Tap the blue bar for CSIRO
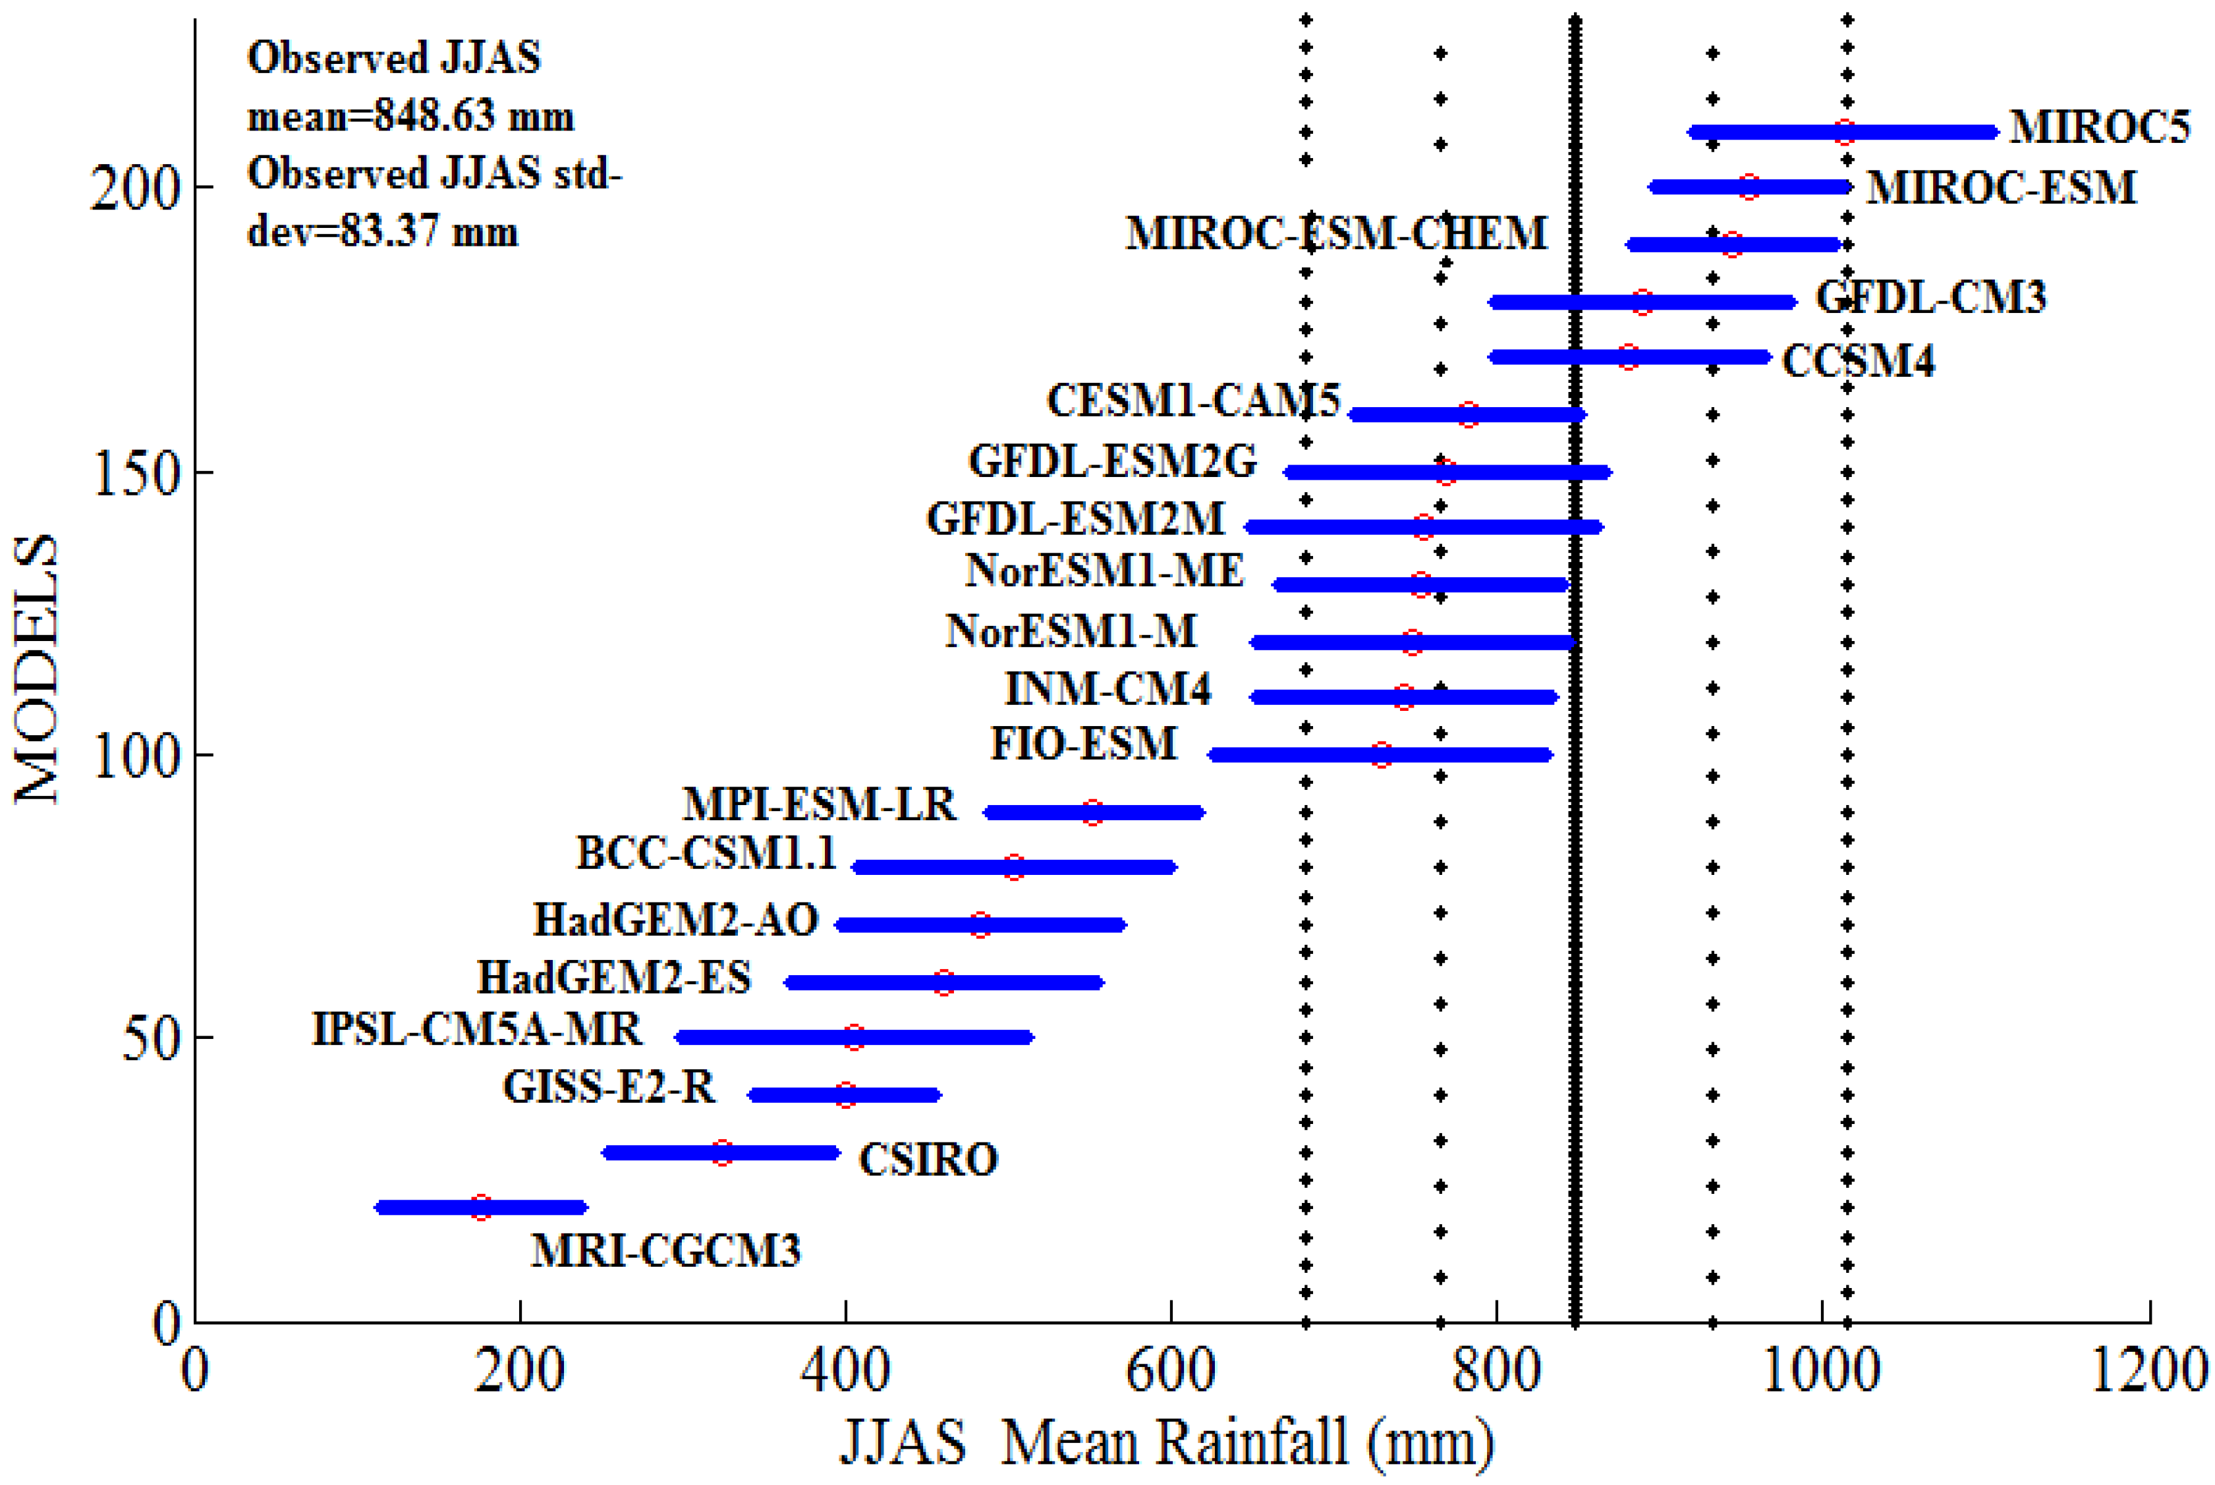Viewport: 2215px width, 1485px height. click(663, 1152)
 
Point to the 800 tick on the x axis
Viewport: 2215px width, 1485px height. click(1496, 1370)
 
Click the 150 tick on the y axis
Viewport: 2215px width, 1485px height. click(136, 472)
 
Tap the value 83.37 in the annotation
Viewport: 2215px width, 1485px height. click(388, 231)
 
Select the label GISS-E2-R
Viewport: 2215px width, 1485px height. click(609, 1087)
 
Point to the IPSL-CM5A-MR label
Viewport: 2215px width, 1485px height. click(476, 1030)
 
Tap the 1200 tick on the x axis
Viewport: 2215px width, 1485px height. click(2148, 1370)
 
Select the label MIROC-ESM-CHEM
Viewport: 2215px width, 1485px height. click(1335, 233)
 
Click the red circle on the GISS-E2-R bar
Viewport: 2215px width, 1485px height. click(847, 1095)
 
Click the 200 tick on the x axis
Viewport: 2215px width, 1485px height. click(519, 1370)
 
